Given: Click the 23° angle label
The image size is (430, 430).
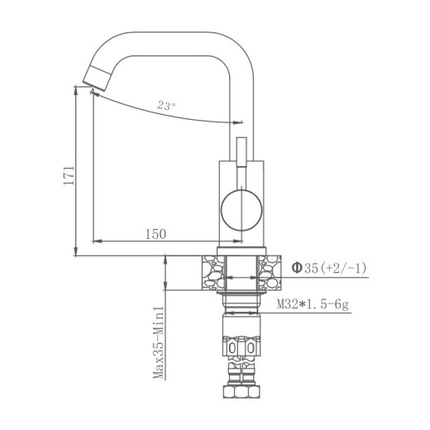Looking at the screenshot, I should [165, 105].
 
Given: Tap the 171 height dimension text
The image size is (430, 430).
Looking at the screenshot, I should [69, 174].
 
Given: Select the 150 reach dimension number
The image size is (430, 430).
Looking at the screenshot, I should [155, 234].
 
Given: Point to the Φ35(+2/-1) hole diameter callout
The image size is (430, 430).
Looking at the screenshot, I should [328, 267].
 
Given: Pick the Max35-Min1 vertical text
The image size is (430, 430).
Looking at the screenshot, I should [155, 342].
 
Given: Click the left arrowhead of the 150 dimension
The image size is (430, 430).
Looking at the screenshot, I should [96, 241].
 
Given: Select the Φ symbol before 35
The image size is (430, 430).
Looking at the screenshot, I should [296, 267].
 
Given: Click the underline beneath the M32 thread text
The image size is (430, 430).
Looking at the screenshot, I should [314, 315].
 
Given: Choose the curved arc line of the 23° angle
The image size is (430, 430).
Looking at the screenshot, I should [165, 114].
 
